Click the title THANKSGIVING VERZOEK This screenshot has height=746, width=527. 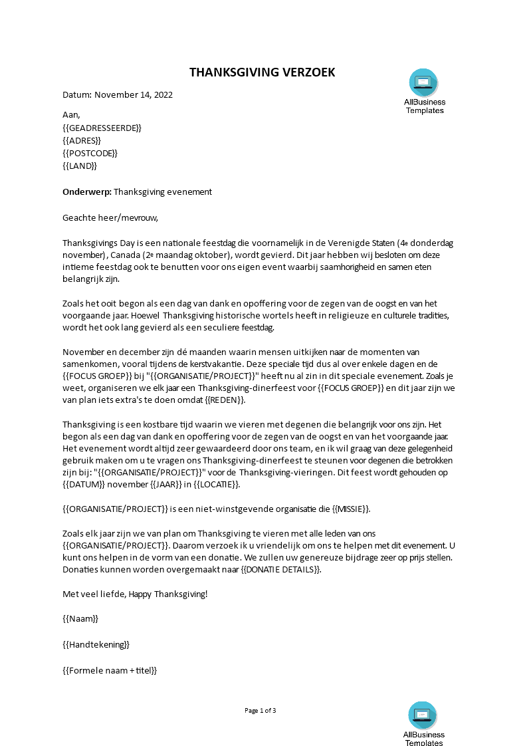pos(263,72)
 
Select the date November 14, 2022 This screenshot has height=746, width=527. pos(133,94)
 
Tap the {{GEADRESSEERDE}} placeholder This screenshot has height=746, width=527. pos(102,128)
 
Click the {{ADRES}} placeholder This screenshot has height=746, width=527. pos(82,140)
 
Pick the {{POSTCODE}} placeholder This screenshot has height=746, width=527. pos(90,154)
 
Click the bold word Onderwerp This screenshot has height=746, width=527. pos(86,192)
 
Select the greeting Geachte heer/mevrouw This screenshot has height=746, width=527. pos(111,217)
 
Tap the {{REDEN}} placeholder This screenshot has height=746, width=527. pos(225,400)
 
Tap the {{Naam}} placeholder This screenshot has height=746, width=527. pos(80,619)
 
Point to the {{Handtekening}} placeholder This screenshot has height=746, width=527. pos(96,644)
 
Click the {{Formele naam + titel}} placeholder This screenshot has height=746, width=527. pos(110,670)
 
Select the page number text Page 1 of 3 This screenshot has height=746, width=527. pos(260,711)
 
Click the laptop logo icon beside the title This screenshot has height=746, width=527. pos(423,82)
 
